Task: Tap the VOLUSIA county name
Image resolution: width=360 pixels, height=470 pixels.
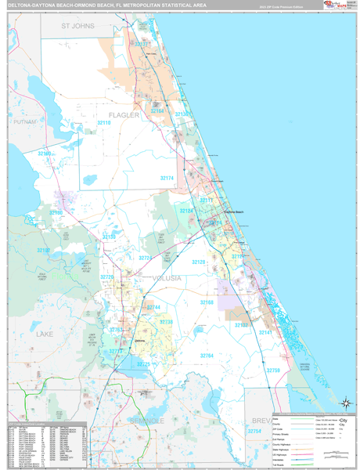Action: (x=161, y=277)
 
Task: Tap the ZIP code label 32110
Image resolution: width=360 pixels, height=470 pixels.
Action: (x=104, y=123)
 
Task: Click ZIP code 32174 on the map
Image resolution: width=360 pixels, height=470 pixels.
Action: (x=168, y=179)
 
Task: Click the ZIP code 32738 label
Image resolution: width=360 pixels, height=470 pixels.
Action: (x=166, y=322)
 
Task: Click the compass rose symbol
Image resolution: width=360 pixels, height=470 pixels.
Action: (x=344, y=404)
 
